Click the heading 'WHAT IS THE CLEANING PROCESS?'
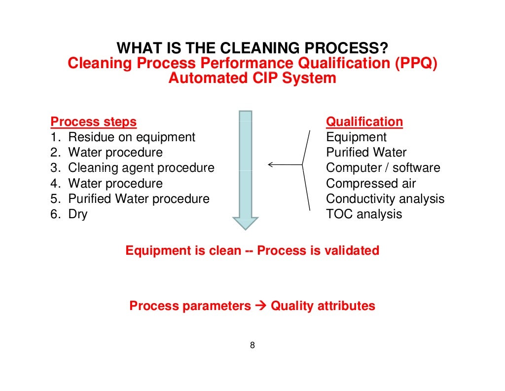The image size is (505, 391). (252, 48)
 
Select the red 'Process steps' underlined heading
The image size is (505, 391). (94, 121)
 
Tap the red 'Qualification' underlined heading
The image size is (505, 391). (364, 121)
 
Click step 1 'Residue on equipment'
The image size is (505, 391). (123, 137)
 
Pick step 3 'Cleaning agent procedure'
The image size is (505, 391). (132, 168)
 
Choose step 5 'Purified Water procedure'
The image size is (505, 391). (130, 199)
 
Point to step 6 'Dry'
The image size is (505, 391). (69, 214)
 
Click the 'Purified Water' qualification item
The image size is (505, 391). (366, 153)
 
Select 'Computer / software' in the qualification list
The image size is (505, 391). (383, 168)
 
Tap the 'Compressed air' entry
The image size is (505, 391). (371, 184)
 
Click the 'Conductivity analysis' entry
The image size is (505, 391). (385, 199)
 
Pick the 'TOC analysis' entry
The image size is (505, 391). (364, 214)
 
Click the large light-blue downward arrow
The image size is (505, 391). (246, 168)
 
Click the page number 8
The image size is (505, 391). (252, 345)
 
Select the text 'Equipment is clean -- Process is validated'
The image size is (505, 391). (252, 250)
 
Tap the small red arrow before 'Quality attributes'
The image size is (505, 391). (261, 306)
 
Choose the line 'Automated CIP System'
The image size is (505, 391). (252, 78)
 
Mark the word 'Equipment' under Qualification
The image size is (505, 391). (357, 137)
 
